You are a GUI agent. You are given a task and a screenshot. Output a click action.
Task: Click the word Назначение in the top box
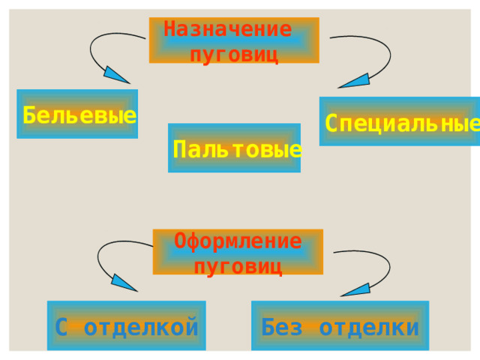point(228,29)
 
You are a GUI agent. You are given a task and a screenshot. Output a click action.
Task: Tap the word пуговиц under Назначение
point(235,55)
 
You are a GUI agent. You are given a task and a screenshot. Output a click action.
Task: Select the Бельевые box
point(77,114)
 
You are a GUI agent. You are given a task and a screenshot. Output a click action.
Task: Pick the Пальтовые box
point(234,148)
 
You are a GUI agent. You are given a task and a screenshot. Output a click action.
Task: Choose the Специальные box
point(400,121)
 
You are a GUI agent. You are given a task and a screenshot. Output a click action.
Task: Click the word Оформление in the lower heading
point(238,241)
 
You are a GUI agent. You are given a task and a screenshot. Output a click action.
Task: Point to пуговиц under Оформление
point(238,267)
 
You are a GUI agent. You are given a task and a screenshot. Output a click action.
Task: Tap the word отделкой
point(141,327)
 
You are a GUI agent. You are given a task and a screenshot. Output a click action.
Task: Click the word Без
point(282,327)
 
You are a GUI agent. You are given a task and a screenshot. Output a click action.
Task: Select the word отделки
point(369,328)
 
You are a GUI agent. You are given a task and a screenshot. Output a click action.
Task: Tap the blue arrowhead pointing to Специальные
point(355,81)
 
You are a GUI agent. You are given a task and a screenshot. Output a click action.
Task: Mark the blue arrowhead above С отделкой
point(123,283)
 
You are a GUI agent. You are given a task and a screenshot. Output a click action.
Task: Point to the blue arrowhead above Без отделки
point(356,290)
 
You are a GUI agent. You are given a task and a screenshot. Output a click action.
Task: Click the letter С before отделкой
point(61,327)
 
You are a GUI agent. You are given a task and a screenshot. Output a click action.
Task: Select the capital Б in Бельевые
point(29,115)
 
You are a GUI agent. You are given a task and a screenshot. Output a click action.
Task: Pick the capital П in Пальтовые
point(179,149)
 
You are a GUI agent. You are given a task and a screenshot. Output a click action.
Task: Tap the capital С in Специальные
point(331,123)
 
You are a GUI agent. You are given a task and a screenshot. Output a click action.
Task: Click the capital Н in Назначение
point(170,29)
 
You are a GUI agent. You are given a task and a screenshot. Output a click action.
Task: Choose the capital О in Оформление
point(180,241)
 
